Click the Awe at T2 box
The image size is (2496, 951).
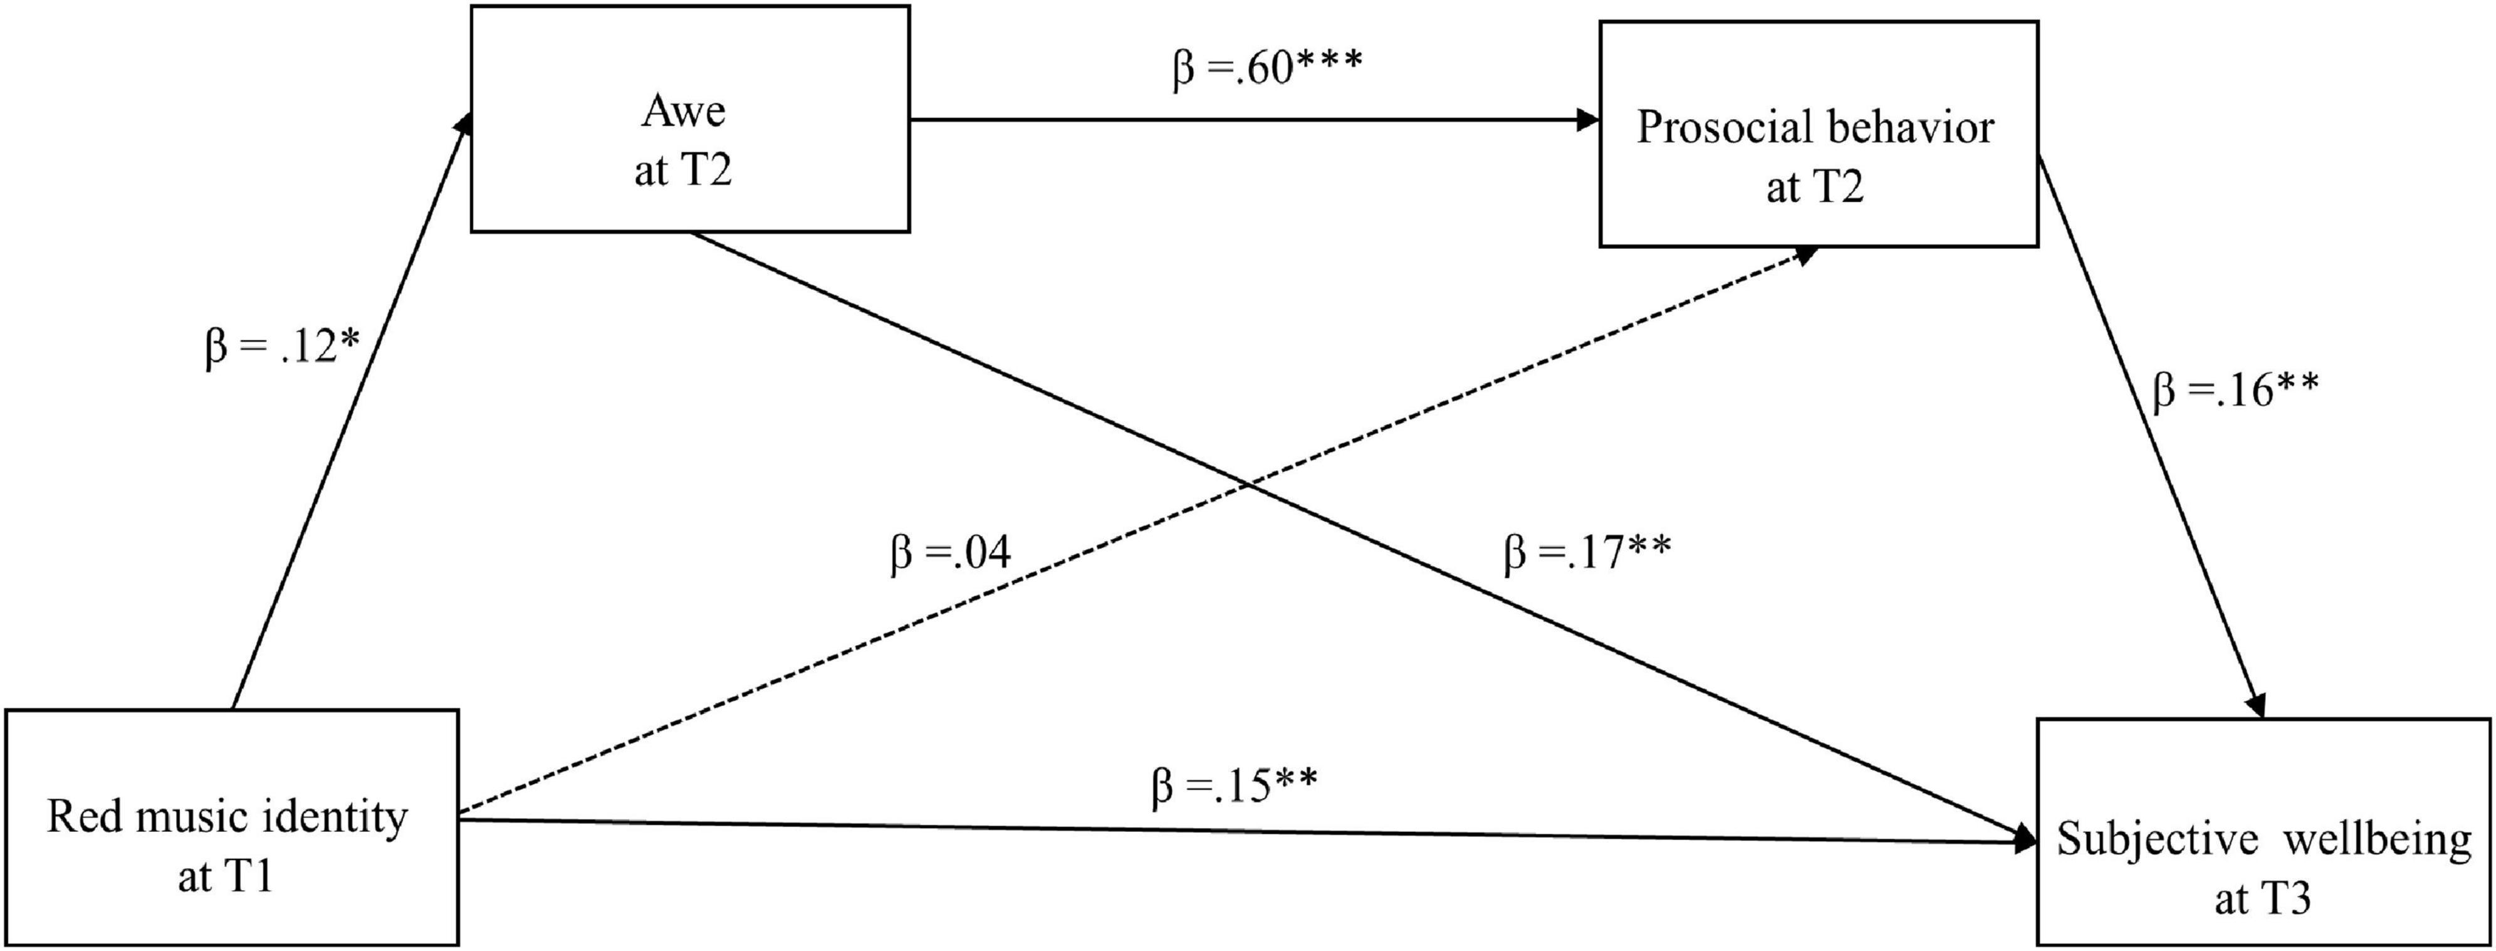pyautogui.click(x=690, y=118)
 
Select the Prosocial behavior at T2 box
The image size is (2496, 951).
pyautogui.click(x=1818, y=134)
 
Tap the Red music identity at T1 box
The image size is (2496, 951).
pyautogui.click(x=231, y=827)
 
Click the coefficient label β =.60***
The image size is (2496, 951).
pyautogui.click(x=1267, y=68)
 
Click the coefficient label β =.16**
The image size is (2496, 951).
pyautogui.click(x=2235, y=390)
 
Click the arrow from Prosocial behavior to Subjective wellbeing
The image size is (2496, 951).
pyautogui.click(x=2151, y=436)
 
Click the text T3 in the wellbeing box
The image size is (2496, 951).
pyautogui.click(x=2288, y=898)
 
